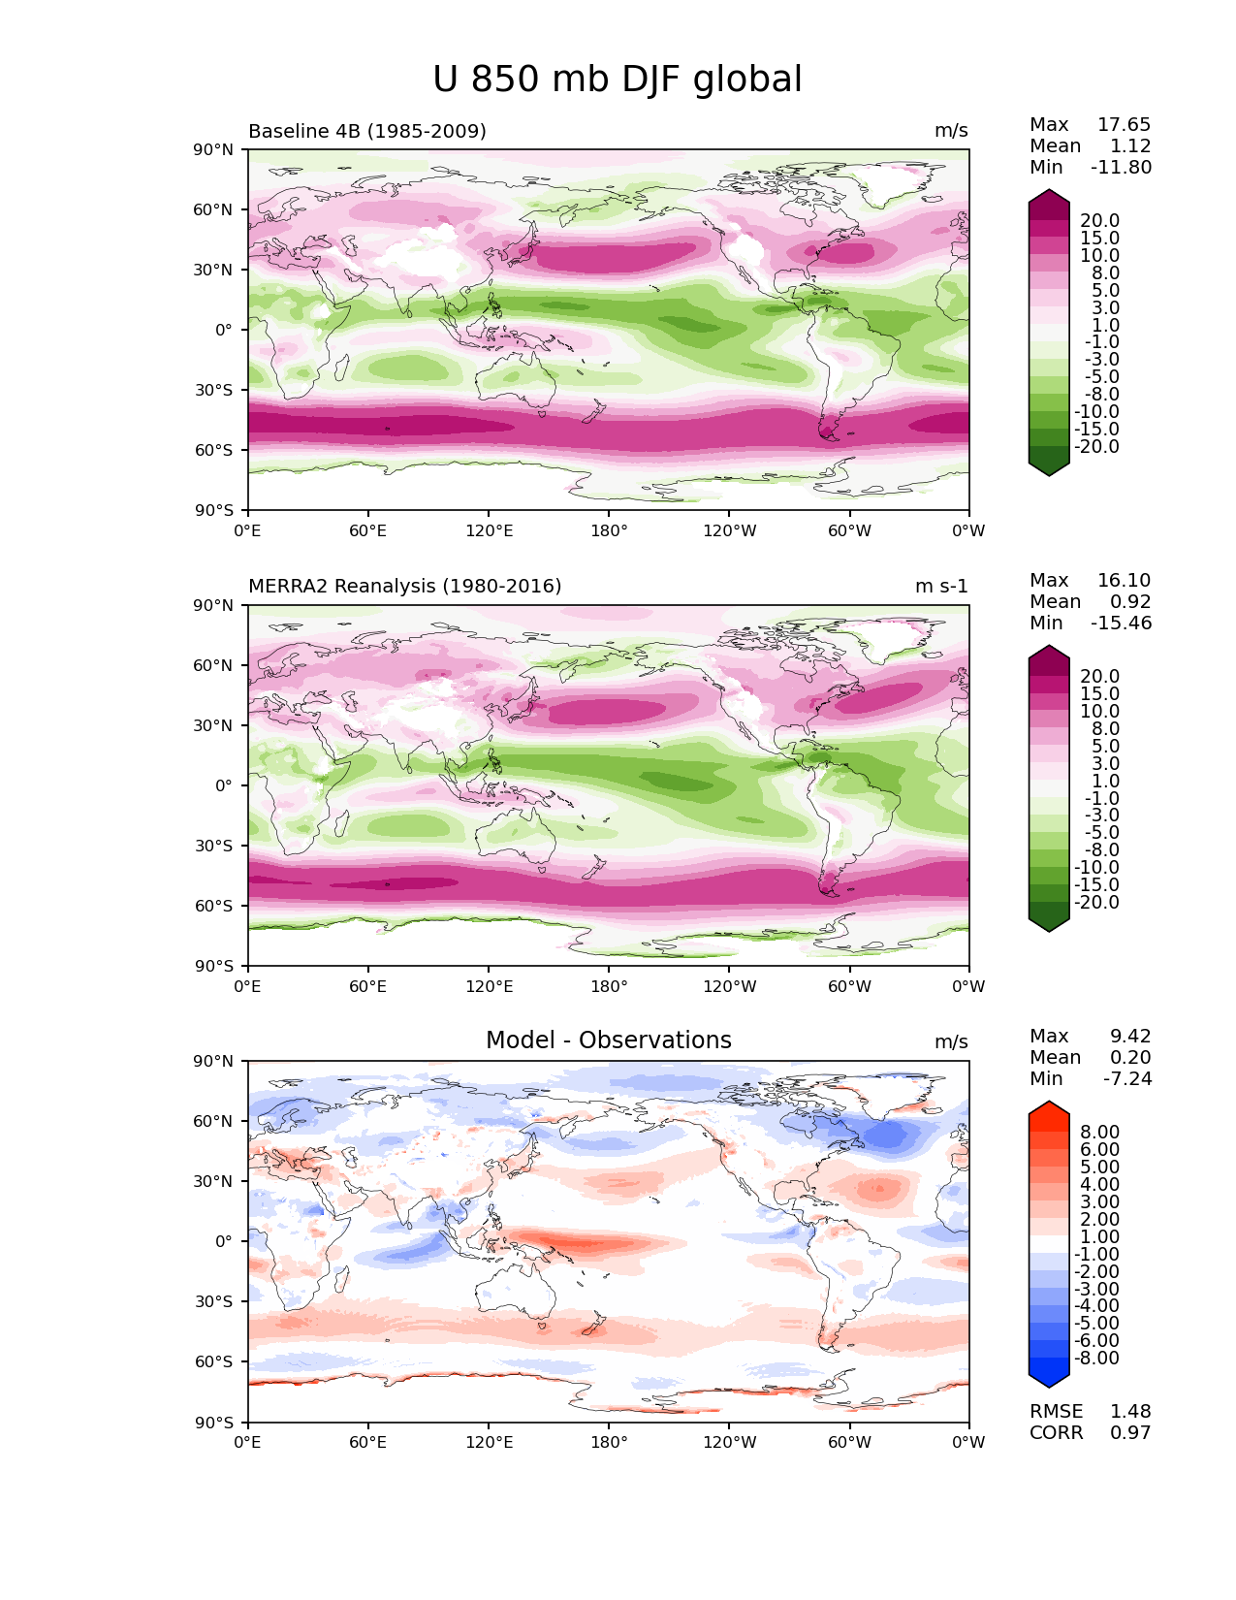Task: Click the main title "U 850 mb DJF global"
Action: (617, 80)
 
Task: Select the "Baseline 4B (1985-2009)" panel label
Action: (367, 131)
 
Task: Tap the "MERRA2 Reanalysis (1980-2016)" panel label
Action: (404, 586)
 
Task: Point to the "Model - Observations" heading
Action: (608, 1040)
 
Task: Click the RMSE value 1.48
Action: (1130, 1411)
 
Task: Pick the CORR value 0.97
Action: (1130, 1432)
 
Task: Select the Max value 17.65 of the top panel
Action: (1124, 124)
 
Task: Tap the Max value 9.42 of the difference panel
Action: (1130, 1036)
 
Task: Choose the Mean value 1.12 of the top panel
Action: (1130, 145)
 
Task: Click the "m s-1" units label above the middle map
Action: (941, 586)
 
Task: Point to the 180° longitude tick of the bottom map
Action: (609, 1442)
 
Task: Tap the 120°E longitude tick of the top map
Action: (489, 530)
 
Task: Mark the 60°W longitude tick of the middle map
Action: (849, 986)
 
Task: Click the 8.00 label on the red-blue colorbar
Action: (1099, 1132)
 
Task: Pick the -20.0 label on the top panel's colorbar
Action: (1096, 446)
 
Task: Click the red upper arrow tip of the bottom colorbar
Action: (1049, 1107)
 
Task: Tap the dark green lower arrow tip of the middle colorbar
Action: (1049, 925)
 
